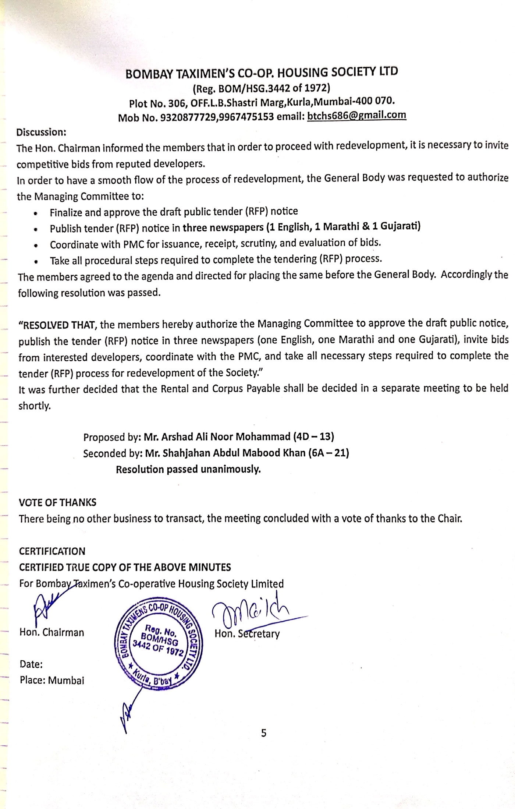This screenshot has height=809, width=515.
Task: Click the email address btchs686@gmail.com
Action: click(x=356, y=116)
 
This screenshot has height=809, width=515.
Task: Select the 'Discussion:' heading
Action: click(x=41, y=132)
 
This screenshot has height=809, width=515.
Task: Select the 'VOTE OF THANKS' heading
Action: click(x=57, y=502)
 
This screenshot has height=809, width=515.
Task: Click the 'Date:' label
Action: click(x=31, y=664)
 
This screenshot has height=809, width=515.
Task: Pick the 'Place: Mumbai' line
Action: click(x=52, y=680)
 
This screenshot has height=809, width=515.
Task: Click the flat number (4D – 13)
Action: click(x=313, y=437)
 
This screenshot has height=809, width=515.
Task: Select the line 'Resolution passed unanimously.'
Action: click(x=188, y=469)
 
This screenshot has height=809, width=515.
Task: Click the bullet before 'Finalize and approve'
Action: click(x=35, y=213)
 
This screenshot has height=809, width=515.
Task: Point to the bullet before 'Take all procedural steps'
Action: click(x=36, y=262)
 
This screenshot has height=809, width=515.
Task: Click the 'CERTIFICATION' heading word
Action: click(x=52, y=551)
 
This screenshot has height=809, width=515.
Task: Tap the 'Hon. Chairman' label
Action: click(x=51, y=632)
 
